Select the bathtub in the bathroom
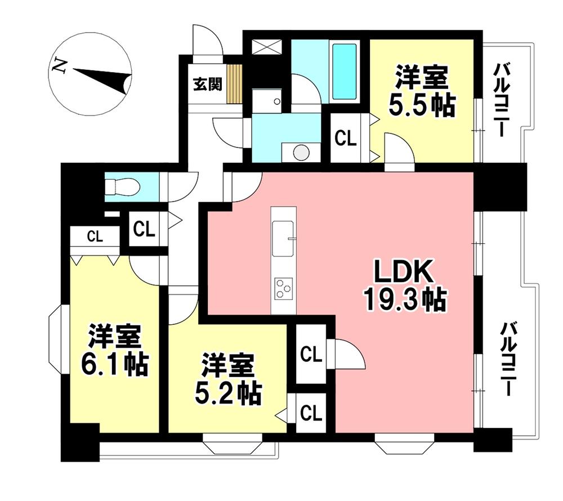point(344,71)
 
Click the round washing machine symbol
point(301,152)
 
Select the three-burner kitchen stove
point(283,289)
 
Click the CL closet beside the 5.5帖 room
point(346,138)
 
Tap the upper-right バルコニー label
point(501,101)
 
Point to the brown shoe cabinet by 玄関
point(235,83)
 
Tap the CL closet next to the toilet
point(144,229)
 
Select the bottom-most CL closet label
point(311,414)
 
